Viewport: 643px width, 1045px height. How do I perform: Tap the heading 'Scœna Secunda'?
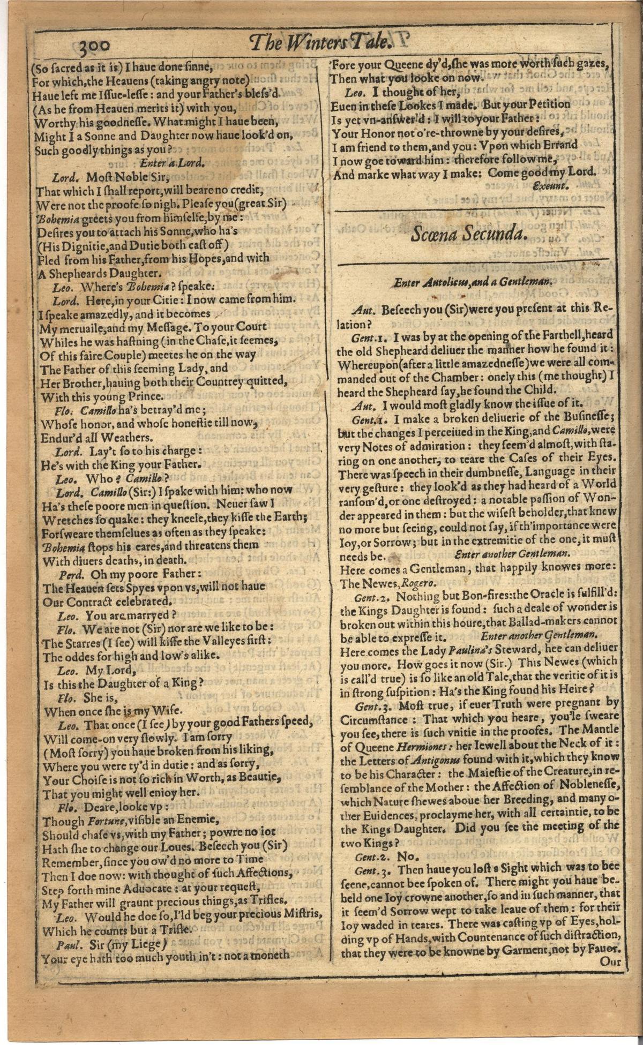[x=469, y=234]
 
